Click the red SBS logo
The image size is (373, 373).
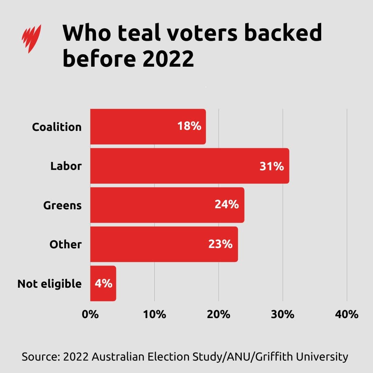click(31, 38)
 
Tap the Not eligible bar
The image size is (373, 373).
click(103, 283)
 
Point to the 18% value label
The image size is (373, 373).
click(189, 126)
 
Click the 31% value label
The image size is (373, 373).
click(271, 166)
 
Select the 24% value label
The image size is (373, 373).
click(227, 205)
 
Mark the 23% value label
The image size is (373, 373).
click(220, 244)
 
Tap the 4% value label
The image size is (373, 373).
click(104, 284)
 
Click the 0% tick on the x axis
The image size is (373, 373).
click(90, 315)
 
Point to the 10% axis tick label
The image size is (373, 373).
click(154, 315)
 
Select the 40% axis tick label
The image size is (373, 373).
click(347, 315)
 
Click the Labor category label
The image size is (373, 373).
click(66, 166)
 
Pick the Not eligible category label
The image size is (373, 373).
click(49, 284)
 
